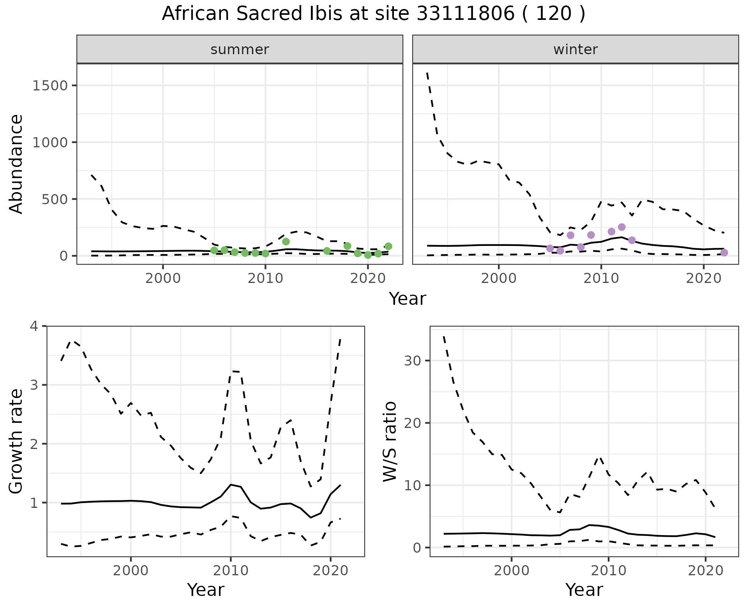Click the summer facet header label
(240, 49)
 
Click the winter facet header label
(575, 49)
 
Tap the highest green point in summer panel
(286, 242)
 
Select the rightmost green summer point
(388, 246)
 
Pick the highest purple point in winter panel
(622, 227)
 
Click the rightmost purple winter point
(724, 253)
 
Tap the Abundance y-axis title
(16, 164)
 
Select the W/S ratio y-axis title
(390, 441)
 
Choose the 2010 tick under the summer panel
(265, 279)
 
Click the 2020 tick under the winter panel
(703, 279)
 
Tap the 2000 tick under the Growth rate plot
(131, 571)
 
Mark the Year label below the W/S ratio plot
(584, 590)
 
